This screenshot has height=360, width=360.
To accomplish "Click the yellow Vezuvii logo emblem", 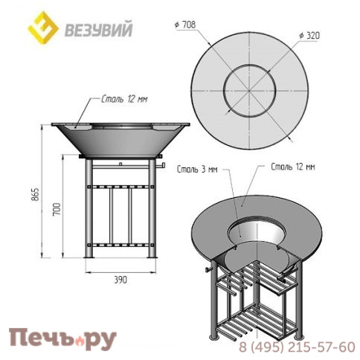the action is coord(43,28).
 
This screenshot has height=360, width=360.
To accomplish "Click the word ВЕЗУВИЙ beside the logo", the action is coord(98,30).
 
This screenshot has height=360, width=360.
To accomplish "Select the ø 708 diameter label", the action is coord(185,25).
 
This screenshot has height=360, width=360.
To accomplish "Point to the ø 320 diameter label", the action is coord(309,36).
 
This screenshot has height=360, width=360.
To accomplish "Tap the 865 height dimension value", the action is coord(36,194).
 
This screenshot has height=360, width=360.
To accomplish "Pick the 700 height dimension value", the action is coord(57,210).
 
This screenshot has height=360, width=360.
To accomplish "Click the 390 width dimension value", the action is coord(120,280).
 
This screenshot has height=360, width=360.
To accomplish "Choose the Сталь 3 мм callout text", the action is coord(197,170).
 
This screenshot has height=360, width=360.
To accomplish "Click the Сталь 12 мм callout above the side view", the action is coord(124,99).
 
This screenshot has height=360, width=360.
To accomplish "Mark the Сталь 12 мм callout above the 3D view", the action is coord(293,167).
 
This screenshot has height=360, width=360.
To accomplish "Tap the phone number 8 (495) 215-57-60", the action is coord(297,347).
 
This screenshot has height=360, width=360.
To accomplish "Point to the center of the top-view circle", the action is coord(249,91).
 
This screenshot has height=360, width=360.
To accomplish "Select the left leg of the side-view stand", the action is coord(89,208).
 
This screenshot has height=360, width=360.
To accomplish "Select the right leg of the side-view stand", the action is coord(152,208).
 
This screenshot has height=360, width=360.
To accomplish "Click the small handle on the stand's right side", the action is coord(161,166).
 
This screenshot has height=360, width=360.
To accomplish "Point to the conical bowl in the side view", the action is coord(120,141).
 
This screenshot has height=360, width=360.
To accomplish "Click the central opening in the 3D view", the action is coord(257,233).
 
